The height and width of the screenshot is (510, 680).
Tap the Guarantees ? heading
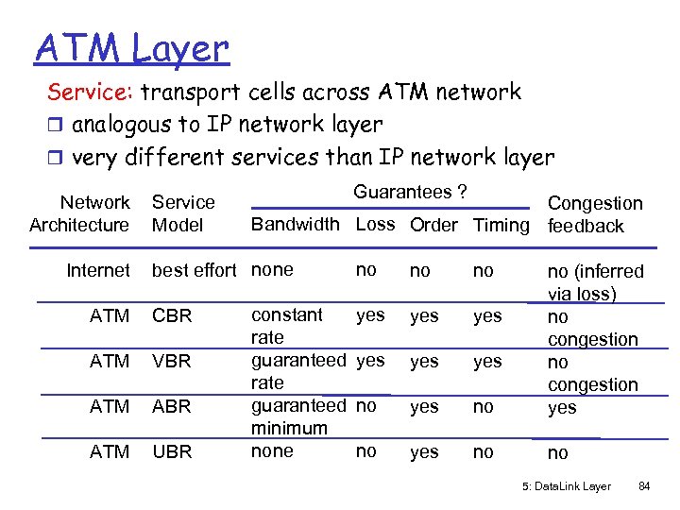[410, 192]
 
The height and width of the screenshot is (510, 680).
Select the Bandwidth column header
[295, 225]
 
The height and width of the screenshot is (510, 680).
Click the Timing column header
[501, 225]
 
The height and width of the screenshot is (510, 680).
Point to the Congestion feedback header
[594, 214]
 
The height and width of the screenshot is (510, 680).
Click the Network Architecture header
[79, 213]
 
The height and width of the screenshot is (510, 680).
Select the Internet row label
[98, 271]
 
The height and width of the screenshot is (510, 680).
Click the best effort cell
[194, 271]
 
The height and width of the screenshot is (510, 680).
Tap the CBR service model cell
[171, 316]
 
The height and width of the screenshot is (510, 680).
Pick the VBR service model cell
[171, 362]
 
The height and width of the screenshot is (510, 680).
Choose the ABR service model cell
[171, 407]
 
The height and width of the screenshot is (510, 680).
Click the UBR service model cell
[171, 452]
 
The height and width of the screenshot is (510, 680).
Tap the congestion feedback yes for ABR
[562, 408]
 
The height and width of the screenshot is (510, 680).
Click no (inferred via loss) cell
[595, 282]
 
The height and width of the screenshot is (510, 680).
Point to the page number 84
[645, 487]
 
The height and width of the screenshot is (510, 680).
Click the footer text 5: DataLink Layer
[566, 487]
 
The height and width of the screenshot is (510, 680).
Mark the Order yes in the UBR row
[424, 452]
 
